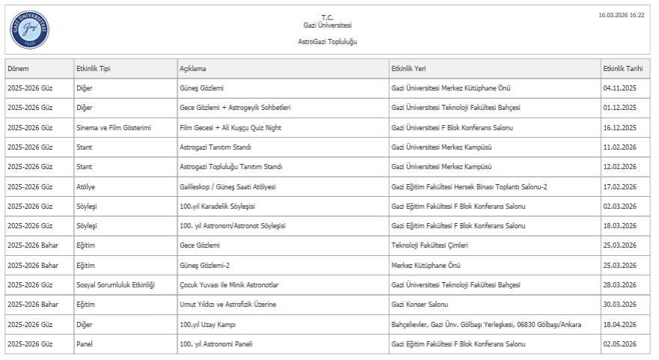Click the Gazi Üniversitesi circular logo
click(x=30, y=29)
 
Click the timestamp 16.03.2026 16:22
click(x=621, y=15)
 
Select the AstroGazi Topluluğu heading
click(x=327, y=42)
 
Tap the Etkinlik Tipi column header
click(x=94, y=69)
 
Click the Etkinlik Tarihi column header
click(x=622, y=69)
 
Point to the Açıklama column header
click(x=193, y=69)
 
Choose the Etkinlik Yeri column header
click(x=408, y=69)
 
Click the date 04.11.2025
click(x=619, y=88)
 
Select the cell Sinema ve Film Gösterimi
click(x=114, y=127)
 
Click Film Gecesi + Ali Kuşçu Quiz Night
click(x=230, y=127)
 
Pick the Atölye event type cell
click(x=87, y=186)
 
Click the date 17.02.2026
click(x=619, y=186)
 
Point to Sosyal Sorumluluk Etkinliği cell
click(x=115, y=285)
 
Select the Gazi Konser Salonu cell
click(x=420, y=305)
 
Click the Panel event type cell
click(x=85, y=344)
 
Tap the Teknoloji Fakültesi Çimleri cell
click(x=429, y=245)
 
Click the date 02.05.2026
click(x=619, y=344)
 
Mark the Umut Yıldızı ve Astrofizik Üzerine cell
click(x=227, y=305)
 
